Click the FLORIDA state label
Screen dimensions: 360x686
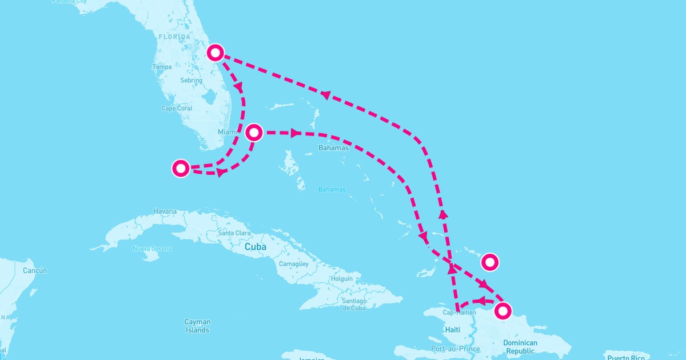point(174,37)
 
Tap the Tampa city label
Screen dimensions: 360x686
point(162,67)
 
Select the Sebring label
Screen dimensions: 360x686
point(191,81)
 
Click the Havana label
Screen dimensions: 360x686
point(165,212)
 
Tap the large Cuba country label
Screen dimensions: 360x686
point(256,247)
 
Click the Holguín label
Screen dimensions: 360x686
point(342,279)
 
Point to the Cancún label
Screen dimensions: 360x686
point(35,270)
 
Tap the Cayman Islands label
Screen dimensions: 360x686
point(197,326)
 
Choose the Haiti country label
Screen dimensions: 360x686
point(452,330)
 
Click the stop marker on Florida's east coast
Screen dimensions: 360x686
point(215,53)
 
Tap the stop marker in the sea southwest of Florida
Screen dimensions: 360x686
point(181,168)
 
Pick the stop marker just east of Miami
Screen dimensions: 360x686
point(254,133)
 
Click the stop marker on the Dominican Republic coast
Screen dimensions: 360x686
point(502,311)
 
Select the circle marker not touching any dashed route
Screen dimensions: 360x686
point(490,262)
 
